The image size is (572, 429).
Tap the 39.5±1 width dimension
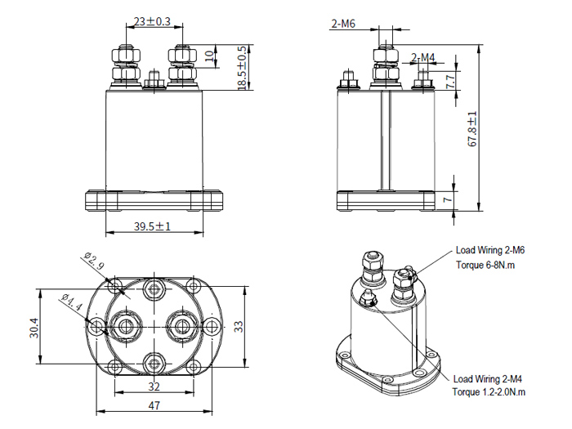point(153,226)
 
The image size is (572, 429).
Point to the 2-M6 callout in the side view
point(343,25)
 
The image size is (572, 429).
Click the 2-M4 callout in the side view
point(423,57)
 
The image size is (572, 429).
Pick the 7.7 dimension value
point(450,81)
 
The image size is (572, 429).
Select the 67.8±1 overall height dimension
point(472,129)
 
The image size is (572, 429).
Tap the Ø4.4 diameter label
point(71,304)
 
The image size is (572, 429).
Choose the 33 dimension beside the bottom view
point(238,326)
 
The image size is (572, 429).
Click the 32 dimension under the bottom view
point(153,387)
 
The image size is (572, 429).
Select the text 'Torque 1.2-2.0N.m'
point(489,392)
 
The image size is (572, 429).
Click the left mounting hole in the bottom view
point(97,327)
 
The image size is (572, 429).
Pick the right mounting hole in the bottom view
point(211,327)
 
